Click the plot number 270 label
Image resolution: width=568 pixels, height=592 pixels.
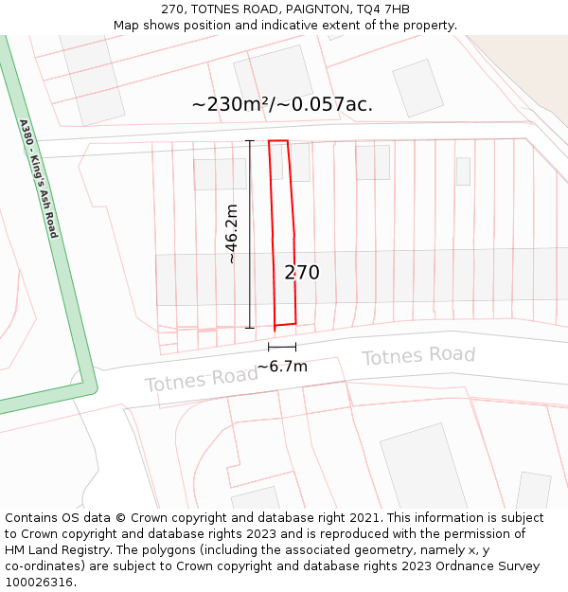302,273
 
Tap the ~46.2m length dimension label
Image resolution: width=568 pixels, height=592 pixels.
232,234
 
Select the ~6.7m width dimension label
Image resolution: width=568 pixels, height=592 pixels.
282,367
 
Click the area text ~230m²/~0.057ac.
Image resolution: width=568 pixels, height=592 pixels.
282,104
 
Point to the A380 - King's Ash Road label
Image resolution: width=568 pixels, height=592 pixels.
39,179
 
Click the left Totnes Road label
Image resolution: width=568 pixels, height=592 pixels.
201,380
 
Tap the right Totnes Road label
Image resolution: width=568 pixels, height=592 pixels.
418,356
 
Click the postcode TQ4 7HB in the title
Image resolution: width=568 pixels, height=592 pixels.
382,9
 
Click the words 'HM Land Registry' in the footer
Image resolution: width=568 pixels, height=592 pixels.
59,550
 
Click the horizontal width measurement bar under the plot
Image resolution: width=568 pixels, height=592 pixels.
282,348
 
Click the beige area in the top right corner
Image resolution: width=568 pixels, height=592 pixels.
530,57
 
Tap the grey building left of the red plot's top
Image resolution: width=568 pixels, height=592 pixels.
220,174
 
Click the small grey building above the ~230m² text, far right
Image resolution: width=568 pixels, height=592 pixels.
417,87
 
